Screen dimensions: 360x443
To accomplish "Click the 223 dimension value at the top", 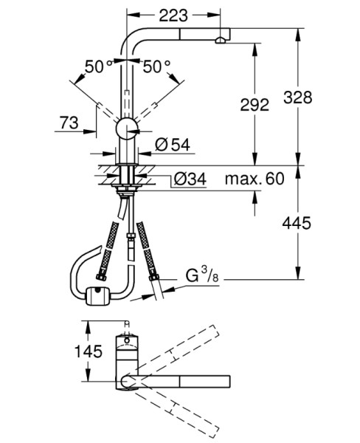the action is pyautogui.click(x=173, y=16).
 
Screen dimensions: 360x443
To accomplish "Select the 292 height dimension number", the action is pyautogui.click(x=255, y=105).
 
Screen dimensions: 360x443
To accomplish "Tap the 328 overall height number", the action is pyautogui.click(x=298, y=97).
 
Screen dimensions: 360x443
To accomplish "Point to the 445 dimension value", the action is pyautogui.click(x=297, y=223).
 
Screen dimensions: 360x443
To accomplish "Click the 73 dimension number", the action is pyautogui.click(x=69, y=123).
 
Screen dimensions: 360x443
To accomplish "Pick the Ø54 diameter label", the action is pyautogui.click(x=173, y=145).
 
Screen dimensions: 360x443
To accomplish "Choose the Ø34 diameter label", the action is pyautogui.click(x=190, y=179).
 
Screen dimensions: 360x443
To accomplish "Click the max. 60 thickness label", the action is pyautogui.click(x=255, y=179).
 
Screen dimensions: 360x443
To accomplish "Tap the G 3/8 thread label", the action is pyautogui.click(x=202, y=275).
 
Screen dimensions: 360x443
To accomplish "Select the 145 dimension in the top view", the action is pyautogui.click(x=88, y=351).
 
